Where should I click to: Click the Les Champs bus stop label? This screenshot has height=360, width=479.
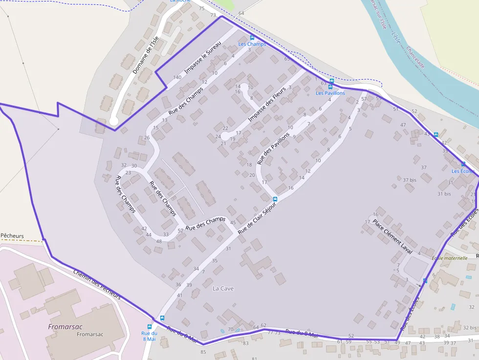pyautogui.click(x=252, y=44)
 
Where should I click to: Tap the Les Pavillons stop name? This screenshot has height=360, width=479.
pyautogui.click(x=330, y=93)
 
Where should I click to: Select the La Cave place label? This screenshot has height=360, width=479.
pyautogui.click(x=223, y=289)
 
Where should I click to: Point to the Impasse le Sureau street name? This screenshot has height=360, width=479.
pyautogui.click(x=203, y=61)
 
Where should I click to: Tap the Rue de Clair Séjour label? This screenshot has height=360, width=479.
pyautogui.click(x=257, y=218)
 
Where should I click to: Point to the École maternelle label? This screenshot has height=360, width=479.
pyautogui.click(x=450, y=257)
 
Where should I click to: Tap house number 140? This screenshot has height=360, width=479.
pyautogui.click(x=177, y=77)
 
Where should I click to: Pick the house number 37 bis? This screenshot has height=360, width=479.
pyautogui.click(x=410, y=180)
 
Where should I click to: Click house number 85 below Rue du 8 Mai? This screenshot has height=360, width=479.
pyautogui.click(x=203, y=352)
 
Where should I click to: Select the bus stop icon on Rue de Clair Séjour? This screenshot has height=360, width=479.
pyautogui.click(x=275, y=199)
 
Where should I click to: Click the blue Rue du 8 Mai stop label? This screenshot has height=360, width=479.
pyautogui.click(x=149, y=336)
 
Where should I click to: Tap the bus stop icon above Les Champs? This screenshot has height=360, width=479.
pyautogui.click(x=252, y=38)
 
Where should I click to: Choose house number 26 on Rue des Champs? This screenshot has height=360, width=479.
pyautogui.click(x=147, y=138)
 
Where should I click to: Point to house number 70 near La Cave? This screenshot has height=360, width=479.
pyautogui.click(x=231, y=329)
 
